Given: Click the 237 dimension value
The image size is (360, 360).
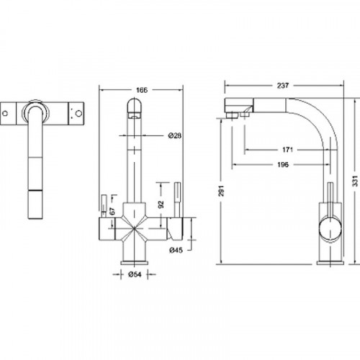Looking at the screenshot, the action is click(283, 86).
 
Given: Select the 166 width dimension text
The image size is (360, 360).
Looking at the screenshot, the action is click(142, 90).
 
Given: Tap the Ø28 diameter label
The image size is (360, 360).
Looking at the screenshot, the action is click(175, 136).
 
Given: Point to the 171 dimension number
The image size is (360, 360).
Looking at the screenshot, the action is click(287, 150).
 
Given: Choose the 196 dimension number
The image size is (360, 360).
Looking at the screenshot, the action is click(283, 165).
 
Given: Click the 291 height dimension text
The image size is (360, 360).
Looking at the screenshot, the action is click(221, 191).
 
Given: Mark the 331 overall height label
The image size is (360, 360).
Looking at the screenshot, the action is click(355, 181).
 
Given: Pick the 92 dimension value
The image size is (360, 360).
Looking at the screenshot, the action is click(161, 204).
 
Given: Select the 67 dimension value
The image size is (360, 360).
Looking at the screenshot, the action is click(112, 211).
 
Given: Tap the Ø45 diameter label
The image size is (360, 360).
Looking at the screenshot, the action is click(176, 251).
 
